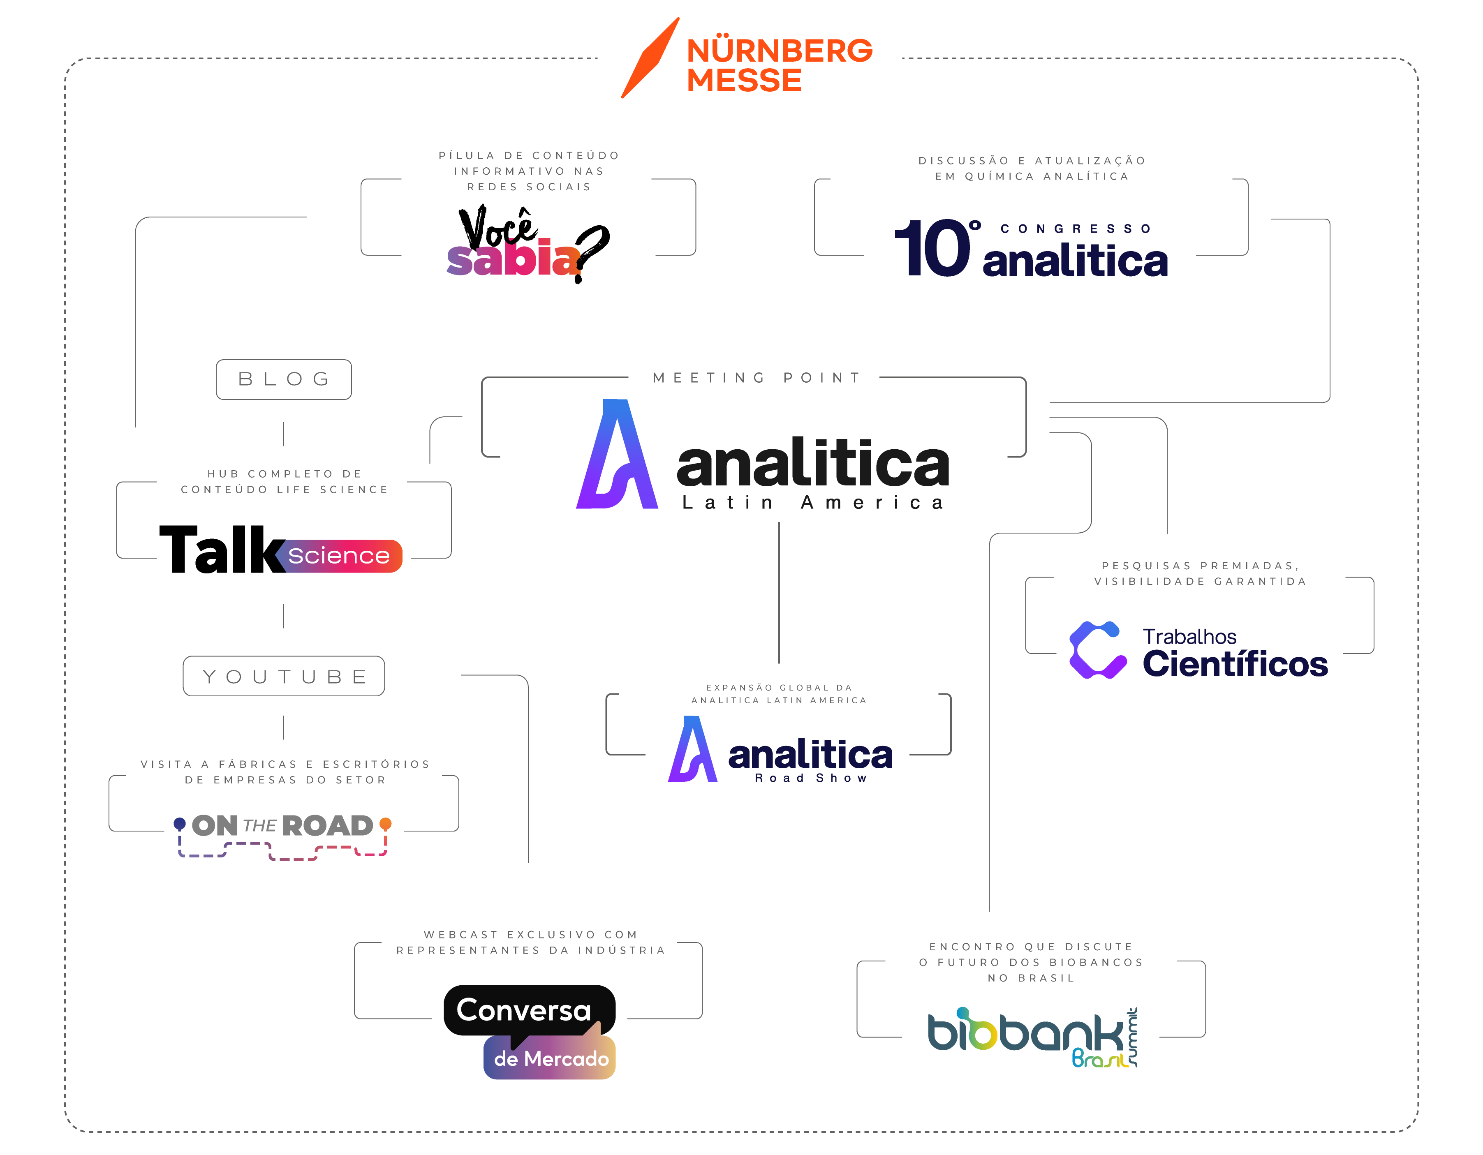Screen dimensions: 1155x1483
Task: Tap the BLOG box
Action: click(284, 379)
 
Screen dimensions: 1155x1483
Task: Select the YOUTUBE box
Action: click(284, 676)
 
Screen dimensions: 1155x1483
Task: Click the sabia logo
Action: click(514, 258)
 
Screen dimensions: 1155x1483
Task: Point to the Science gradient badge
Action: click(339, 556)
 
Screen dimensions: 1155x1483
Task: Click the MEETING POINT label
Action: click(757, 377)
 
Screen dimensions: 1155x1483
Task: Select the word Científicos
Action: click(1235, 664)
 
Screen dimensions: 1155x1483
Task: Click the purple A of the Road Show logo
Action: click(693, 750)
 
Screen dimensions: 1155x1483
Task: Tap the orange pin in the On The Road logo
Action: click(386, 824)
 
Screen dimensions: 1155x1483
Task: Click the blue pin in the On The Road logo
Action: click(179, 824)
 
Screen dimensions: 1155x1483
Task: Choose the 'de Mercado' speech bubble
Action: click(551, 1058)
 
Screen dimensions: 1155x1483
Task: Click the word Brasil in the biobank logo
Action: click(1099, 1058)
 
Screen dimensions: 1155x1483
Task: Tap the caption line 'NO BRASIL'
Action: click(1031, 978)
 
